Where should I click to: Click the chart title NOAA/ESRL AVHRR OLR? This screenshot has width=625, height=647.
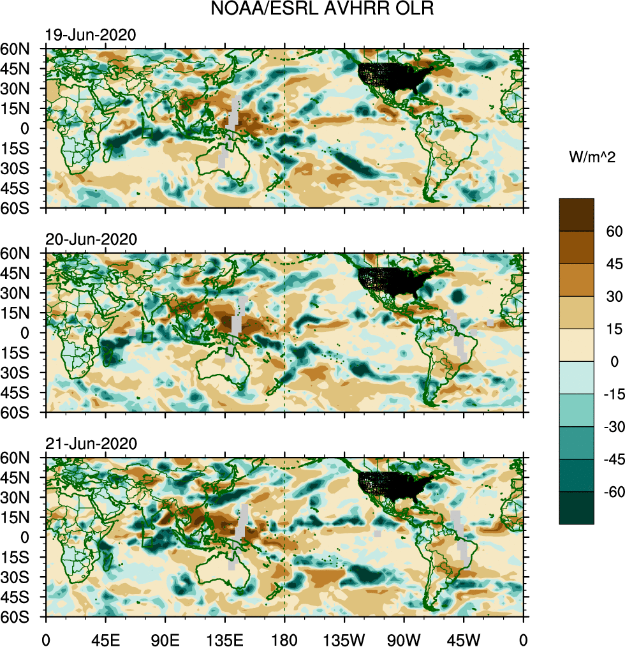click(x=323, y=10)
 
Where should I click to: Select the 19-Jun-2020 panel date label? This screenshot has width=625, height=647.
click(x=91, y=36)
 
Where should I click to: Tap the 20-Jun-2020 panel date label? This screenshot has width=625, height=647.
click(x=91, y=240)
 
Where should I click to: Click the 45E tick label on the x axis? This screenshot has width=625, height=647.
click(x=105, y=638)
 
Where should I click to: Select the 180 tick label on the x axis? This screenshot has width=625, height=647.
click(x=284, y=638)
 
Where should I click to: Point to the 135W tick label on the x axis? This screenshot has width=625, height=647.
click(x=344, y=638)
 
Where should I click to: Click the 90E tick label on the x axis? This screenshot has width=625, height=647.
click(x=165, y=638)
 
